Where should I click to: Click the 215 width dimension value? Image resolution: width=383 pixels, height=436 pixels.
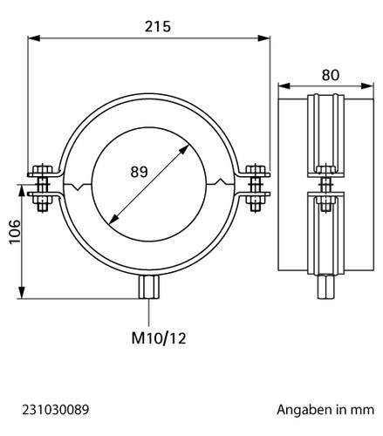point(158,26)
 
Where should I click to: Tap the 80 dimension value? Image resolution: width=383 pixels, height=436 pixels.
point(331,75)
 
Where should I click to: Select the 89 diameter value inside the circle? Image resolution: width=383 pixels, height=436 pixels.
point(139,172)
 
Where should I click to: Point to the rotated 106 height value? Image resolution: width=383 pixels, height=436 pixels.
point(15,232)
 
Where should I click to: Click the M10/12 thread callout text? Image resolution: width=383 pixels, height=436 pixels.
point(159,338)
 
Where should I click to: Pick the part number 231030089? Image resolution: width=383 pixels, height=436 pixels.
point(56,410)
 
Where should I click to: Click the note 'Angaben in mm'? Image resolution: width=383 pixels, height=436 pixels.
point(325,410)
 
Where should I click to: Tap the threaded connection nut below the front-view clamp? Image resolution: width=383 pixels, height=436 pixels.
point(149,287)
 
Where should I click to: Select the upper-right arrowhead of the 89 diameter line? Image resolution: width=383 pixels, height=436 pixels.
point(184,149)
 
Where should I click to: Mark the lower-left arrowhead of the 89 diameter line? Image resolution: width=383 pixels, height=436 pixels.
point(114,219)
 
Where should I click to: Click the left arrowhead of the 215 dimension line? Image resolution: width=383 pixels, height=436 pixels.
point(34,38)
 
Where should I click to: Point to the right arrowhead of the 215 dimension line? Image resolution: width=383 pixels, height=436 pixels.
point(264,38)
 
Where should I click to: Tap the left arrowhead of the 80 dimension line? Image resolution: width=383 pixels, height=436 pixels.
point(284,85)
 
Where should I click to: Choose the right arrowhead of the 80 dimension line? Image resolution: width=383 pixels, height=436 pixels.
point(367,85)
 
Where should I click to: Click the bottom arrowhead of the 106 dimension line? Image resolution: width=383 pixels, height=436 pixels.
point(22,292)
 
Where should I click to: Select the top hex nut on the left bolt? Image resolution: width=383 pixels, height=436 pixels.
point(43,169)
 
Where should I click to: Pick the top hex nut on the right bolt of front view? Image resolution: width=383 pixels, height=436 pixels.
point(256,169)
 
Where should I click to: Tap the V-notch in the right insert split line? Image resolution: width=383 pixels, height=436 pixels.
point(220,181)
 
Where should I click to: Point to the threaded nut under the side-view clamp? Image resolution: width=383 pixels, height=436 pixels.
point(325,287)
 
